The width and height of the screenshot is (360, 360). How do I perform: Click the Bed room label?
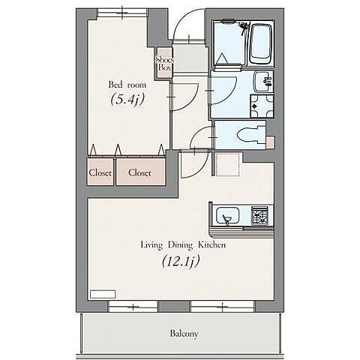click(x=127, y=85)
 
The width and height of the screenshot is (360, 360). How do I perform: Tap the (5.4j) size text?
click(x=127, y=100)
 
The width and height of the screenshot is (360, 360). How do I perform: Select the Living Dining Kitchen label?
click(x=183, y=245)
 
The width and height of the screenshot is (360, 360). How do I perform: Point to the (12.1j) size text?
click(x=181, y=262)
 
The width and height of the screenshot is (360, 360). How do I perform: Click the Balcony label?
click(x=184, y=334)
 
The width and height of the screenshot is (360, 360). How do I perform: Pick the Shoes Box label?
click(x=164, y=63)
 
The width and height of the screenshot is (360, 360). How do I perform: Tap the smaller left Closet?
click(x=100, y=172)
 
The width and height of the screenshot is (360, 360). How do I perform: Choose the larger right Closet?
click(x=140, y=172)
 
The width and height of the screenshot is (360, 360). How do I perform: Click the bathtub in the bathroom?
click(x=261, y=44)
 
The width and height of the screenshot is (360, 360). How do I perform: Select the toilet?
click(x=250, y=135)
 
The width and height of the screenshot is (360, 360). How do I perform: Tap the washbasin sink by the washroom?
click(x=263, y=82)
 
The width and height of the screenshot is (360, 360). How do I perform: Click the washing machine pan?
click(x=262, y=106)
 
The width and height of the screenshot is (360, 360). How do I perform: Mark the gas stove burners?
click(x=259, y=216)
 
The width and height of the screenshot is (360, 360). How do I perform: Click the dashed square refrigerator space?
click(x=227, y=164)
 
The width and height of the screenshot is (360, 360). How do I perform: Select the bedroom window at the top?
click(x=122, y=12)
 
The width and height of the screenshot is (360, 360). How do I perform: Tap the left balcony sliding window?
click(x=133, y=306)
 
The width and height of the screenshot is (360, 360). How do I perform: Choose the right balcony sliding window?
click(x=222, y=306)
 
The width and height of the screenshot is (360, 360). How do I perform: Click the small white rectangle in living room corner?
click(x=103, y=294)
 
